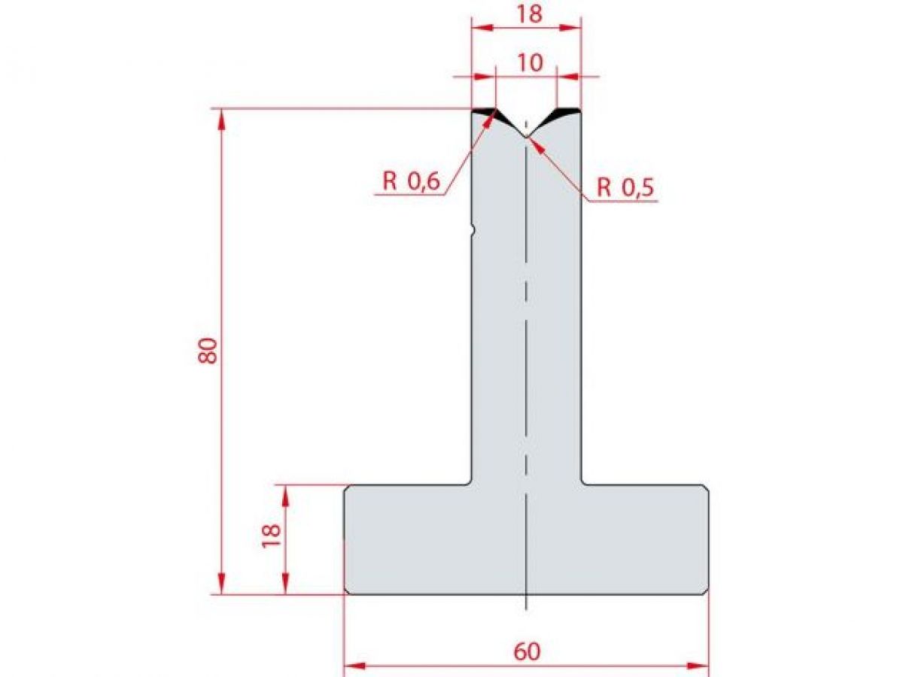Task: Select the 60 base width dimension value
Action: (x=527, y=651)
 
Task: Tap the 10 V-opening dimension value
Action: (x=530, y=63)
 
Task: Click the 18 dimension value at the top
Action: (x=530, y=14)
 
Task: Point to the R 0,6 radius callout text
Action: (x=411, y=181)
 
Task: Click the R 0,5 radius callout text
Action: (x=626, y=188)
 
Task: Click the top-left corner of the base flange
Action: (x=346, y=487)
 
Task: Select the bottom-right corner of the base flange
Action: (x=707, y=593)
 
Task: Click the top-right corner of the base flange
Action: (x=707, y=487)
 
